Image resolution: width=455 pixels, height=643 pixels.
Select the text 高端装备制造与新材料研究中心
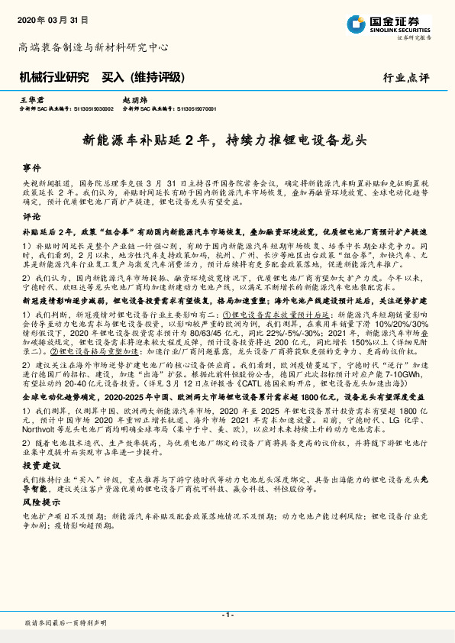[93, 47]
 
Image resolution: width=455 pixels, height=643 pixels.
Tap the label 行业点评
[405, 77]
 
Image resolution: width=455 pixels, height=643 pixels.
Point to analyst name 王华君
[31, 100]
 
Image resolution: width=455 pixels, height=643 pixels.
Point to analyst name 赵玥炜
[135, 100]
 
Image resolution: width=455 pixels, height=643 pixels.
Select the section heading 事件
[31, 166]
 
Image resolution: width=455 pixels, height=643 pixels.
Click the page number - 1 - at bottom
[227, 615]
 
